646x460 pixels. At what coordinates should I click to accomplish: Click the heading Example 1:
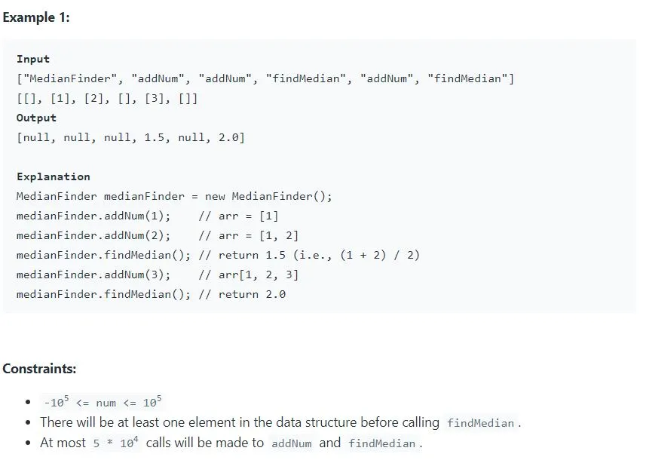(x=35, y=17)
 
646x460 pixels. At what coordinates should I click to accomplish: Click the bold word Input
(x=33, y=59)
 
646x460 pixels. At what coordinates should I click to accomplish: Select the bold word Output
(x=36, y=118)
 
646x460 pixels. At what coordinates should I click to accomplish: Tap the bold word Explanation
(x=54, y=176)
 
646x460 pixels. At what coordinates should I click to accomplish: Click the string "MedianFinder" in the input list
(x=69, y=78)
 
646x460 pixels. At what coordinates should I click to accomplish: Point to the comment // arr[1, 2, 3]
(x=249, y=274)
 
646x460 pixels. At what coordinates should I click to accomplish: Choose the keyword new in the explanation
(x=215, y=196)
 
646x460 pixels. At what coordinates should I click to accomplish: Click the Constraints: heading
(x=39, y=369)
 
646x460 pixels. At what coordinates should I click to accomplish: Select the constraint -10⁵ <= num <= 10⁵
(x=103, y=402)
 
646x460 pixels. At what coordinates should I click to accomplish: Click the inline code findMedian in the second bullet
(x=480, y=423)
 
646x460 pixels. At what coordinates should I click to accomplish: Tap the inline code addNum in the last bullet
(x=292, y=443)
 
